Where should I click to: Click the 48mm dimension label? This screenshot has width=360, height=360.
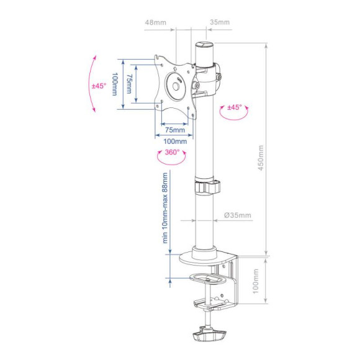coord(155,22)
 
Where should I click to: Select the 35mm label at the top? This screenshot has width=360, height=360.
coord(220,22)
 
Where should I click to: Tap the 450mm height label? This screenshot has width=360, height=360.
coord(261,158)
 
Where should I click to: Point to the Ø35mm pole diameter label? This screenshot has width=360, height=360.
coord(238,215)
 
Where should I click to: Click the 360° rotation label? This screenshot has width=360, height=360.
coord(172,152)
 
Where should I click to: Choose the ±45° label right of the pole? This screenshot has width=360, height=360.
coord(235,107)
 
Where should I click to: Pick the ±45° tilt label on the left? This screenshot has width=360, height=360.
coord(99,86)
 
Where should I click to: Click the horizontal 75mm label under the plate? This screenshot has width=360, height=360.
coord(175,130)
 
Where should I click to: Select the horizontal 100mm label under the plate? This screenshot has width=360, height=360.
coord(175,141)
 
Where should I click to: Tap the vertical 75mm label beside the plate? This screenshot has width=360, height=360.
coord(129,84)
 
